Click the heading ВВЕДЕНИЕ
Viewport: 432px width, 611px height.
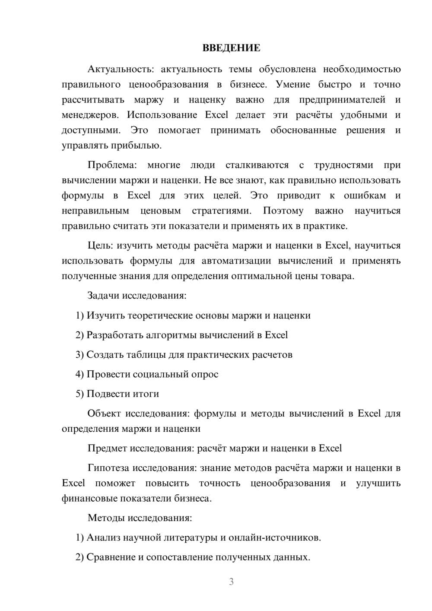click(x=231, y=48)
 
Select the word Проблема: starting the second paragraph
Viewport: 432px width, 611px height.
click(x=112, y=165)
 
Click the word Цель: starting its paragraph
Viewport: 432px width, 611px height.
click(x=100, y=245)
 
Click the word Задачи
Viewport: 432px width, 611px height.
click(x=104, y=296)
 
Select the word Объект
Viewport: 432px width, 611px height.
click(x=104, y=414)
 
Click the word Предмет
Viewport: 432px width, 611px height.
click(x=107, y=449)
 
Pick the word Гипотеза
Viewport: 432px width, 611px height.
click(x=108, y=468)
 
